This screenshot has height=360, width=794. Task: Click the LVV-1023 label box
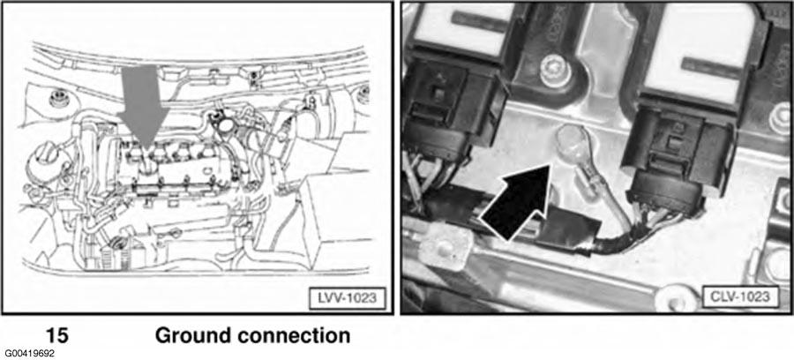tap(347, 296)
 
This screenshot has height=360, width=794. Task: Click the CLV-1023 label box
tap(740, 296)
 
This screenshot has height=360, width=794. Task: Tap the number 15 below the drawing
tap(57, 335)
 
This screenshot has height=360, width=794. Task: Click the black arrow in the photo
tap(516, 203)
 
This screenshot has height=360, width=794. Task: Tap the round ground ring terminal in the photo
tap(570, 139)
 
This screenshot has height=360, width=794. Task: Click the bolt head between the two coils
tap(555, 71)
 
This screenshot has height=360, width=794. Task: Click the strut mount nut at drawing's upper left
tap(59, 99)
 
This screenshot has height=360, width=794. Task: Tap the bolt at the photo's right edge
tap(781, 119)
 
